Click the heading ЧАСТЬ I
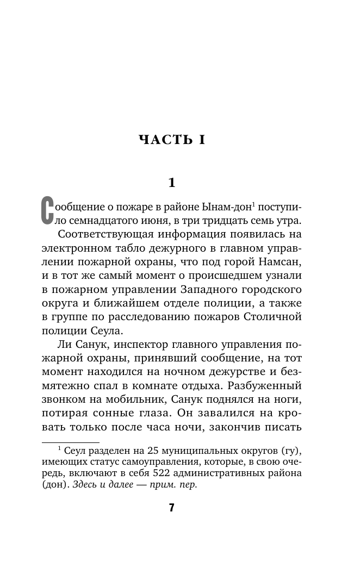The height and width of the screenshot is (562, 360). (x=171, y=140)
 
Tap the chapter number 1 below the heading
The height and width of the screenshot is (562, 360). (x=172, y=183)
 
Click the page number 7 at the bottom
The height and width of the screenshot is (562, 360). (x=171, y=508)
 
